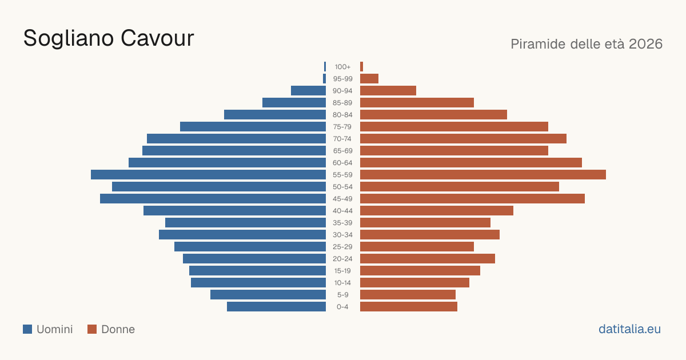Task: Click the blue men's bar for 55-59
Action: pos(208,174)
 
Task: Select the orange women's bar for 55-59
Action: pos(483,174)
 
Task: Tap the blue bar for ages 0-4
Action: pos(276,306)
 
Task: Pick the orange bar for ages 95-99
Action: pos(369,79)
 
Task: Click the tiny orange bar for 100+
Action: pos(362,67)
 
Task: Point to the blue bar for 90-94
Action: pos(308,91)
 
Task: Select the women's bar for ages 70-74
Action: pos(464,139)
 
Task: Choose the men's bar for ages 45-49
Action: pos(213,199)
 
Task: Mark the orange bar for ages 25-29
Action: pos(417,246)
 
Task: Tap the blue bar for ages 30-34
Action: pos(242,234)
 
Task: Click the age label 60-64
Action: pos(342,163)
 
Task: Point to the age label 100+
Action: pos(342,67)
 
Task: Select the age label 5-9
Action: pos(342,295)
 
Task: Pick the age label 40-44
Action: pos(342,211)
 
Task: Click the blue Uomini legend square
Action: pos(27,329)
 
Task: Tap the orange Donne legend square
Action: pos(92,329)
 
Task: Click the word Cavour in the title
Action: pos(157,38)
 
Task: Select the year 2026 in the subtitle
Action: pos(645,44)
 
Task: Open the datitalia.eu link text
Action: pos(629,329)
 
